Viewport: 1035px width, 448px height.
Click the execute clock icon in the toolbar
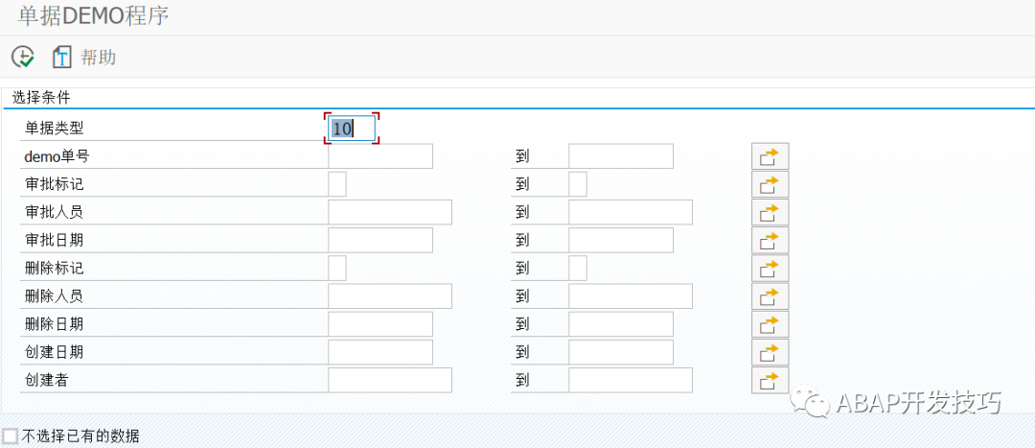(x=22, y=57)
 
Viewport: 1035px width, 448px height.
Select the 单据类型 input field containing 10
(x=352, y=129)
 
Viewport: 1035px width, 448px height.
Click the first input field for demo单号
(x=380, y=156)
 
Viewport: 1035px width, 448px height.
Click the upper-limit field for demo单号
(x=621, y=156)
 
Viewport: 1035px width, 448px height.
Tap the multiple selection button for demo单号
(x=770, y=156)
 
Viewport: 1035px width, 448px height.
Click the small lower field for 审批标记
(x=337, y=184)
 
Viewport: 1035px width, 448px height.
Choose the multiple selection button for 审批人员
(x=770, y=213)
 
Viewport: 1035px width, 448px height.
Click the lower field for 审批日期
(x=380, y=241)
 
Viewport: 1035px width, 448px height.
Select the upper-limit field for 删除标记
(x=578, y=269)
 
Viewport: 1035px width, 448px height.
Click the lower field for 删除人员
(x=390, y=296)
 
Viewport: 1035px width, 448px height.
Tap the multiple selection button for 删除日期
(x=770, y=324)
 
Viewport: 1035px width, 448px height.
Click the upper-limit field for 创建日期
(x=621, y=352)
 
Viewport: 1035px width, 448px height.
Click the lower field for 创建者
(x=390, y=381)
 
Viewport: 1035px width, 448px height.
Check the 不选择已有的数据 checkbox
(x=10, y=436)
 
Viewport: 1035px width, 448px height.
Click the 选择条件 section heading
(x=41, y=99)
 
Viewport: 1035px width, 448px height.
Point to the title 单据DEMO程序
(x=93, y=16)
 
